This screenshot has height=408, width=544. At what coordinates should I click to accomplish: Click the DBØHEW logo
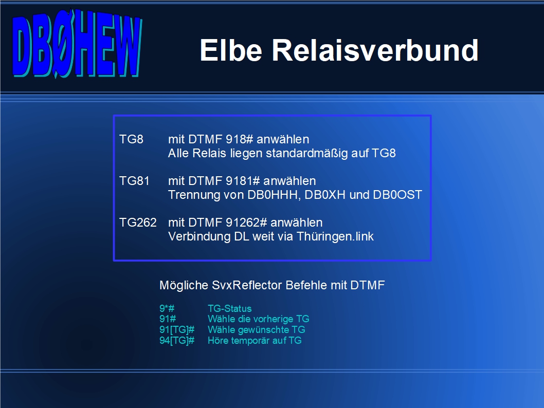tap(77, 44)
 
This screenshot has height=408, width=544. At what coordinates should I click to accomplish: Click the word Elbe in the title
tap(231, 50)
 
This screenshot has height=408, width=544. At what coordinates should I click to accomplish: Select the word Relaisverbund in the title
tap(375, 50)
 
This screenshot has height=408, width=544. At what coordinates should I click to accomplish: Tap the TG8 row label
tap(131, 139)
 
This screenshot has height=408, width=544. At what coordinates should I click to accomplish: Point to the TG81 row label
tap(134, 181)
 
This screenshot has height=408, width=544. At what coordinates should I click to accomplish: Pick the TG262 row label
tap(138, 222)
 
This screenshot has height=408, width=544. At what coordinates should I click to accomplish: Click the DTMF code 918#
tap(240, 139)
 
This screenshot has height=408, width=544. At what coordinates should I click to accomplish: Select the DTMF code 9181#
tap(243, 181)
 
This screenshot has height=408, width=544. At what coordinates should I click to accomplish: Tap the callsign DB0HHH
tap(274, 195)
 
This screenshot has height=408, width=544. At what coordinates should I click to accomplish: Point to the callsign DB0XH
tap(325, 195)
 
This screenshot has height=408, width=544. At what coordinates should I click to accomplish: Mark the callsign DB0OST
tap(397, 195)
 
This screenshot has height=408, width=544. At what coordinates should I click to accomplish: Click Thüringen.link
tap(335, 237)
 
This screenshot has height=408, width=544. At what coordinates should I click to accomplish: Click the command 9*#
tap(167, 308)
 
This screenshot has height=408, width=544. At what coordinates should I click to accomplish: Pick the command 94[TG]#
tap(177, 341)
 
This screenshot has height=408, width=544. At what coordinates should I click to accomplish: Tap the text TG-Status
tap(230, 308)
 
